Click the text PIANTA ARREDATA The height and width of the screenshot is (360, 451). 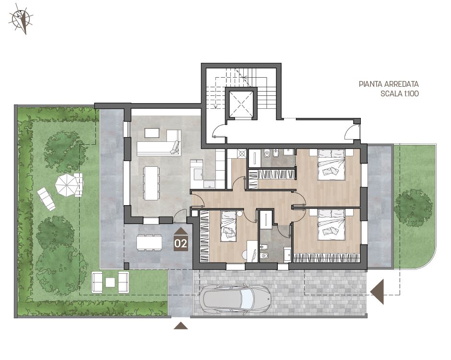click(389, 84)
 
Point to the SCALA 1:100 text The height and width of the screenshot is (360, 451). click(400, 93)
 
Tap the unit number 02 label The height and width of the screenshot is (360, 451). click(180, 244)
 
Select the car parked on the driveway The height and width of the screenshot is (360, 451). click(237, 299)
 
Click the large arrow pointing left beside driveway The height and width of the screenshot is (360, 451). click(377, 291)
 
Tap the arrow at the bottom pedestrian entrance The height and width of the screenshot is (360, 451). click(181, 325)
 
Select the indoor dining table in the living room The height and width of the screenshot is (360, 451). click(151, 183)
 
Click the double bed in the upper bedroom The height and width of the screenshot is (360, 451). click(331, 164)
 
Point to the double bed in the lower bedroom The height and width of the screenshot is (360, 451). click(331, 224)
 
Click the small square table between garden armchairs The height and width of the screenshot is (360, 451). click(110, 282)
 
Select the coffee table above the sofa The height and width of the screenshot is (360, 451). click(152, 133)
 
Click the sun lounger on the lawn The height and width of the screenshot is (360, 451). click(46, 198)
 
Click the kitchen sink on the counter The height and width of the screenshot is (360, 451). click(198, 174)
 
